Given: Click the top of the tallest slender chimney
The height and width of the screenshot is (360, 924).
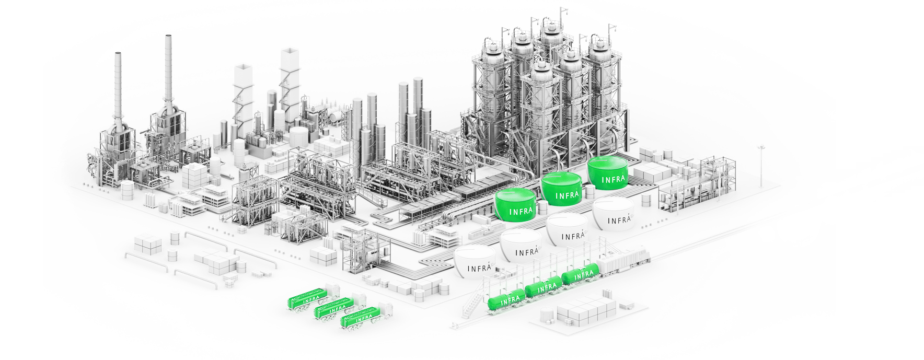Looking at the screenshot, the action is (x=169, y=38).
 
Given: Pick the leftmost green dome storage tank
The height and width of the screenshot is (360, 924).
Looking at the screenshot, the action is (x=515, y=205).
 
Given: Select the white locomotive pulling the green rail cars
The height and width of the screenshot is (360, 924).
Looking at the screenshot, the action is (x=625, y=261).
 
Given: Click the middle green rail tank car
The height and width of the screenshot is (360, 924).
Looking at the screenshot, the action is (x=545, y=287).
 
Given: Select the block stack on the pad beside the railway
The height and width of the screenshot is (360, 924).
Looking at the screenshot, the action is (x=585, y=308).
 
